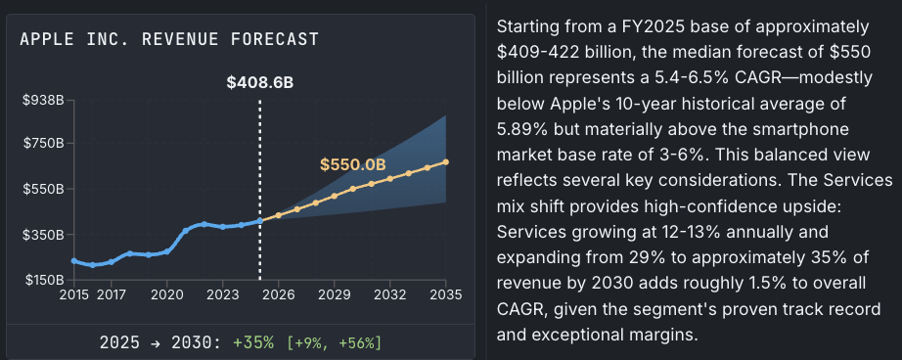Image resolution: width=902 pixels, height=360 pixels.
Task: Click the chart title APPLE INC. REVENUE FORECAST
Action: [168, 39]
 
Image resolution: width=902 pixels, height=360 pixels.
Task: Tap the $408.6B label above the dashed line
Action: [259, 83]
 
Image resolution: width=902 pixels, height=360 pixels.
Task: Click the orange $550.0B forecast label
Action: [352, 164]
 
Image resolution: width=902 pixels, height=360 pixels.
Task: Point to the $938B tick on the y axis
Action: [43, 100]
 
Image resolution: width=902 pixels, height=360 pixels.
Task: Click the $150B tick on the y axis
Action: [43, 281]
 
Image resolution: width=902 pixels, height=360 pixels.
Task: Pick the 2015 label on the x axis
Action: [74, 293]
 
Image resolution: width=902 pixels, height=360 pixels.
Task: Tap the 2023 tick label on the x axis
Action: [223, 293]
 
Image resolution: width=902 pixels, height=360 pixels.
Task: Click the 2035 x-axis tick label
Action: [446, 293]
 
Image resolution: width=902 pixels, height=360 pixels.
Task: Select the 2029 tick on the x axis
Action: [335, 293]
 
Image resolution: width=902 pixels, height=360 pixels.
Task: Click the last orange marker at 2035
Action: [446, 162]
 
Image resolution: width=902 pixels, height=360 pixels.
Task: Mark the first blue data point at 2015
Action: [74, 261]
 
